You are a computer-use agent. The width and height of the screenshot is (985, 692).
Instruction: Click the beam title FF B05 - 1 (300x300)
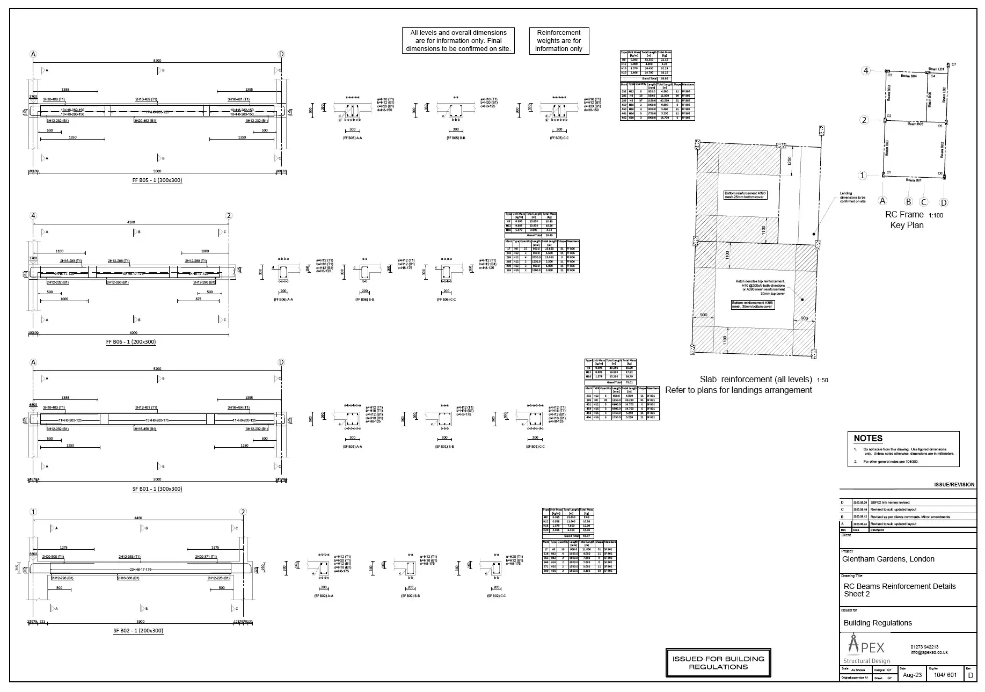(157, 180)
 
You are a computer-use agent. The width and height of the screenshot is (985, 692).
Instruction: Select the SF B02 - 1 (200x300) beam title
(138, 631)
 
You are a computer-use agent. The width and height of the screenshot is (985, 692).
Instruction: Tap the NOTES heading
(868, 438)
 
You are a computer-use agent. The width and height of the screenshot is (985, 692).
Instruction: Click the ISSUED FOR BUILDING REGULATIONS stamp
(718, 663)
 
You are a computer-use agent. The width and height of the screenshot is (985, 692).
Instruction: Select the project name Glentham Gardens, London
(888, 559)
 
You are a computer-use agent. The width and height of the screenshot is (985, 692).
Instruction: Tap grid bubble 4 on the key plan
(865, 71)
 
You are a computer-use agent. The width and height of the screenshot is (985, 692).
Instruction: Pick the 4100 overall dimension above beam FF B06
(131, 222)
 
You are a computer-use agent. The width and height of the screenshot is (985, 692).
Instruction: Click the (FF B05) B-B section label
(456, 138)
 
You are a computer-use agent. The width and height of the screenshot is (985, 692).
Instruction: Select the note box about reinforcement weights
(559, 41)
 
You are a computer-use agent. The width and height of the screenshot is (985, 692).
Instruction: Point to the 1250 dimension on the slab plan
(790, 161)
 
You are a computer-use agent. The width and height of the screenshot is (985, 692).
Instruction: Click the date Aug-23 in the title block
(912, 675)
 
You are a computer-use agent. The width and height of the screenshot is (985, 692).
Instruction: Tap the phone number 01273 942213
(924, 647)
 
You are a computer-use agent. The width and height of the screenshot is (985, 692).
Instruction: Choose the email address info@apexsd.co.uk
(929, 653)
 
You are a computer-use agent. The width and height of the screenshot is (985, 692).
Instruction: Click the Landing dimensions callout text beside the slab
(852, 198)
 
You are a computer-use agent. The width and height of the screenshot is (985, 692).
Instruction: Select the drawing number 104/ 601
(945, 675)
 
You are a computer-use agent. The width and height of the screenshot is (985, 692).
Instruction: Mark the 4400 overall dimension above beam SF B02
(138, 518)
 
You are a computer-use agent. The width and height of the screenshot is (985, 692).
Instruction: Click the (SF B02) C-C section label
(496, 596)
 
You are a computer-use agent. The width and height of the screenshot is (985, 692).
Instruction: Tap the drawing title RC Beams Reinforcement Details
(900, 586)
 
